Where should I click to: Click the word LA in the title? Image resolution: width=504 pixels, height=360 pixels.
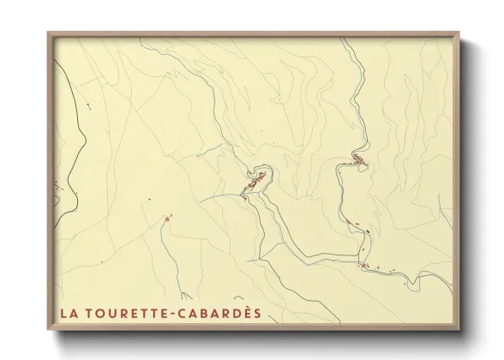[69, 313]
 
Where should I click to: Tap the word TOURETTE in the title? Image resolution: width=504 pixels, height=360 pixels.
[124, 313]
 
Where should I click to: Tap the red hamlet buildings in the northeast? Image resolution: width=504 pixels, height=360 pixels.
[358, 159]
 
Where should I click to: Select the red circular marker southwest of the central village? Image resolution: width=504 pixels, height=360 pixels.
[166, 219]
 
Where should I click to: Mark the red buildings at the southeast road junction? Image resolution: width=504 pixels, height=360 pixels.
[365, 265]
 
